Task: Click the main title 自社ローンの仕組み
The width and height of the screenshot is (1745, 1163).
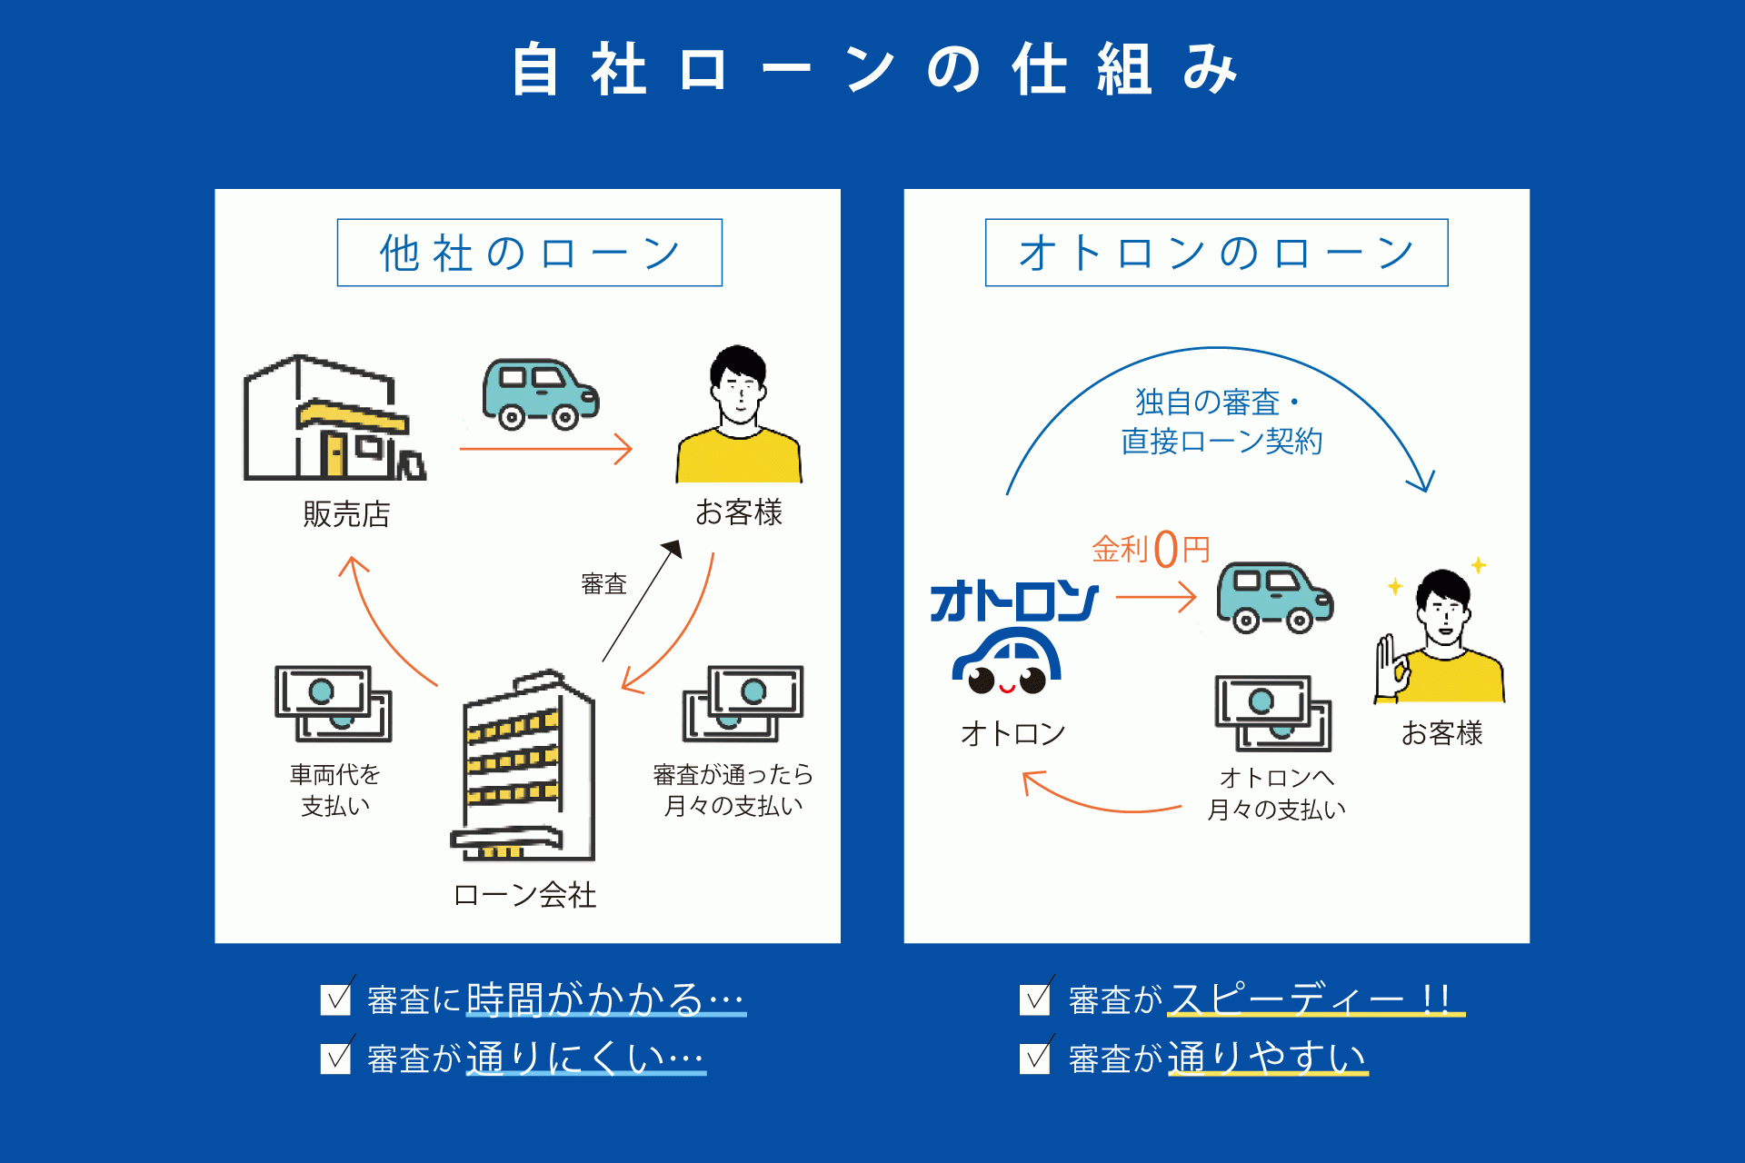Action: pos(872,71)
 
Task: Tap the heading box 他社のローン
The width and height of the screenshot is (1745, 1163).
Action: pos(529,253)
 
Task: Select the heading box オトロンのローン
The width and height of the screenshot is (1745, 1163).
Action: pos(1216,253)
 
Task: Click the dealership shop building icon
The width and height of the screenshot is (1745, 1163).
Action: pos(332,420)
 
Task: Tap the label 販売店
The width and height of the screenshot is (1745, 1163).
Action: pos(346,514)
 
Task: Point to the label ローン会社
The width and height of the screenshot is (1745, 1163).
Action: pos(524,895)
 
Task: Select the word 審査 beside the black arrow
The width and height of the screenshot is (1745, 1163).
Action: pos(603,583)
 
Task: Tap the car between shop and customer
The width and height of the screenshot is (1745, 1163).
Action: pos(540,394)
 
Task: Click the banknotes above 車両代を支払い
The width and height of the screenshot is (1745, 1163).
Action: pos(334,703)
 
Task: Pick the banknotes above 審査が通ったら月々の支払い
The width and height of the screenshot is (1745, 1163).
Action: pos(743,703)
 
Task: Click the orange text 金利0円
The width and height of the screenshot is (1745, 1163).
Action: pos(1151,549)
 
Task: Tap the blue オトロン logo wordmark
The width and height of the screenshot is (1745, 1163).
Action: pos(1013,601)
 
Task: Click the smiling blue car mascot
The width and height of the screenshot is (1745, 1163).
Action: pos(1007,663)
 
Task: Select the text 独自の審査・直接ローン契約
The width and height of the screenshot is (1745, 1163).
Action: pos(1220,422)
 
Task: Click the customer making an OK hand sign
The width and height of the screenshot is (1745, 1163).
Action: pos(1440,641)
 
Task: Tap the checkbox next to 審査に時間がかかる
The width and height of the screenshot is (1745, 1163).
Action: pos(336,999)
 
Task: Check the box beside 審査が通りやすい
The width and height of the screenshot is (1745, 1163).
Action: pos(1035,1059)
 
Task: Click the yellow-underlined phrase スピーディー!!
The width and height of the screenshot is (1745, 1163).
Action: pos(1314,999)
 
